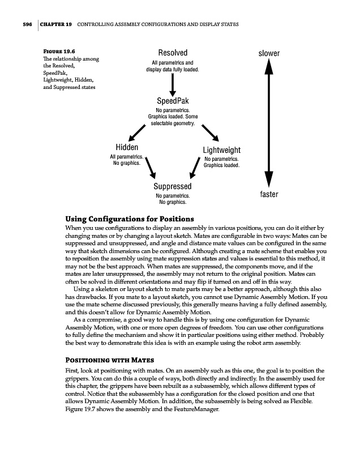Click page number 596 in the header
point(23,25)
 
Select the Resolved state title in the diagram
point(173,53)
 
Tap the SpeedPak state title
point(173,101)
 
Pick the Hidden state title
point(127,147)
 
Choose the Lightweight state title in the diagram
point(221,150)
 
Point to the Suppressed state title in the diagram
point(173,186)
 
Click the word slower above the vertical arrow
point(269,54)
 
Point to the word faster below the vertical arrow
point(269,195)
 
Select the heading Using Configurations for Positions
point(130,219)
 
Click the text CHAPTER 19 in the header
point(55,25)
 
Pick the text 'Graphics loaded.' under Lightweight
point(221,166)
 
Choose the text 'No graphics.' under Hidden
point(127,164)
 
